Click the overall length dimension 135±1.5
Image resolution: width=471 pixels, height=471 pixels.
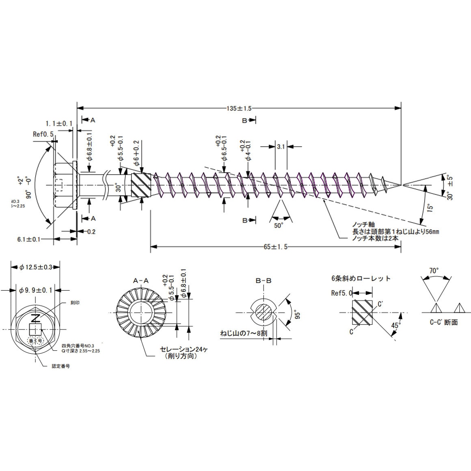pyautogui.click(x=239, y=108)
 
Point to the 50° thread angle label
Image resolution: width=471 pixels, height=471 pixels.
pyautogui.click(x=278, y=226)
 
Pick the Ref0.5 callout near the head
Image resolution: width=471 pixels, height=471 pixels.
pyautogui.click(x=43, y=134)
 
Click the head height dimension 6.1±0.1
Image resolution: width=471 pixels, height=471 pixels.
pyautogui.click(x=29, y=239)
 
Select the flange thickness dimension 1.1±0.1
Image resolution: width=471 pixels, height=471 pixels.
pyautogui.click(x=59, y=123)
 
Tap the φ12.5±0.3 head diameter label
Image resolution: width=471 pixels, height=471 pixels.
pyautogui.click(x=35, y=267)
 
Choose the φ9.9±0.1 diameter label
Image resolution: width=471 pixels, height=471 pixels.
pyautogui.click(x=36, y=290)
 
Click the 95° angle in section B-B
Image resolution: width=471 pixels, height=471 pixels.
pyautogui.click(x=297, y=315)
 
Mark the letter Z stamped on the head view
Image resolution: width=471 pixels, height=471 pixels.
pyautogui.click(x=36, y=318)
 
